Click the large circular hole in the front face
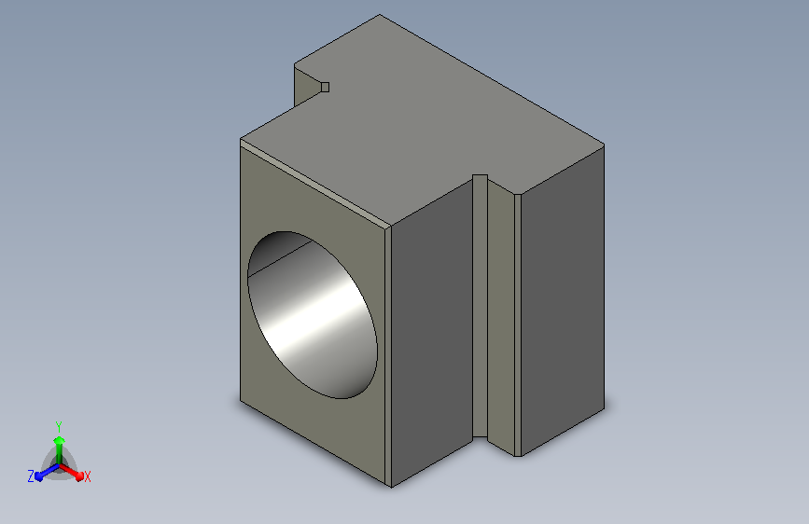pyautogui.click(x=313, y=314)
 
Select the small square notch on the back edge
pyautogui.click(x=325, y=87)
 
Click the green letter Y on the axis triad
pyautogui.click(x=59, y=427)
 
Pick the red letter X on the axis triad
pyautogui.click(x=87, y=476)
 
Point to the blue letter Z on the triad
pyautogui.click(x=31, y=476)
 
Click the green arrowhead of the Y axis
pyautogui.click(x=59, y=440)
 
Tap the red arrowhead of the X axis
pyautogui.click(x=78, y=476)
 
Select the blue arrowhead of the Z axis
pyautogui.click(x=39, y=476)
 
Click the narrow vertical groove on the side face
pyautogui.click(x=480, y=306)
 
